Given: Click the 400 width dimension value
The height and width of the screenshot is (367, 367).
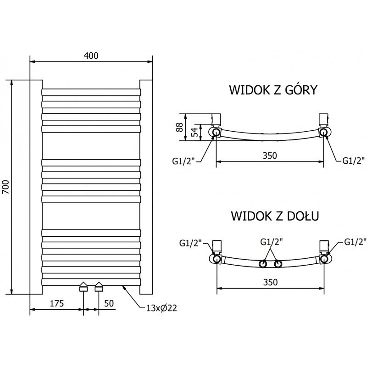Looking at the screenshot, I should (x=91, y=55).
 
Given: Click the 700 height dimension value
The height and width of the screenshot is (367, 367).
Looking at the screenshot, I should (x=6, y=187).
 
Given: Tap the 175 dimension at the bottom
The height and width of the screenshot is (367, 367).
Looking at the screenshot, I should (x=56, y=303).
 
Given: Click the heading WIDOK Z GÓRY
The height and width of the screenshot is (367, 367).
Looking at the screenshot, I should (x=273, y=89).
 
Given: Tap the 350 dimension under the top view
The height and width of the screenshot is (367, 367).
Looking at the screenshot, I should (x=269, y=155).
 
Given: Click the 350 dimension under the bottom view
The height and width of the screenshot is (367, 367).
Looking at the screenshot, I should (x=269, y=283).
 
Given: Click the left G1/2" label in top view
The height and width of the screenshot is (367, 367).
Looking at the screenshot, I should (x=183, y=160).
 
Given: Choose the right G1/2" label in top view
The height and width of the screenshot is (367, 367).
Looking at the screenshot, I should (x=354, y=160).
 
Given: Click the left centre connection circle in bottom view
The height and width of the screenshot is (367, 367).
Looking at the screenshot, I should (x=263, y=264).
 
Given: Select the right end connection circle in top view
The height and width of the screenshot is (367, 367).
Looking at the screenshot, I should (x=324, y=133).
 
